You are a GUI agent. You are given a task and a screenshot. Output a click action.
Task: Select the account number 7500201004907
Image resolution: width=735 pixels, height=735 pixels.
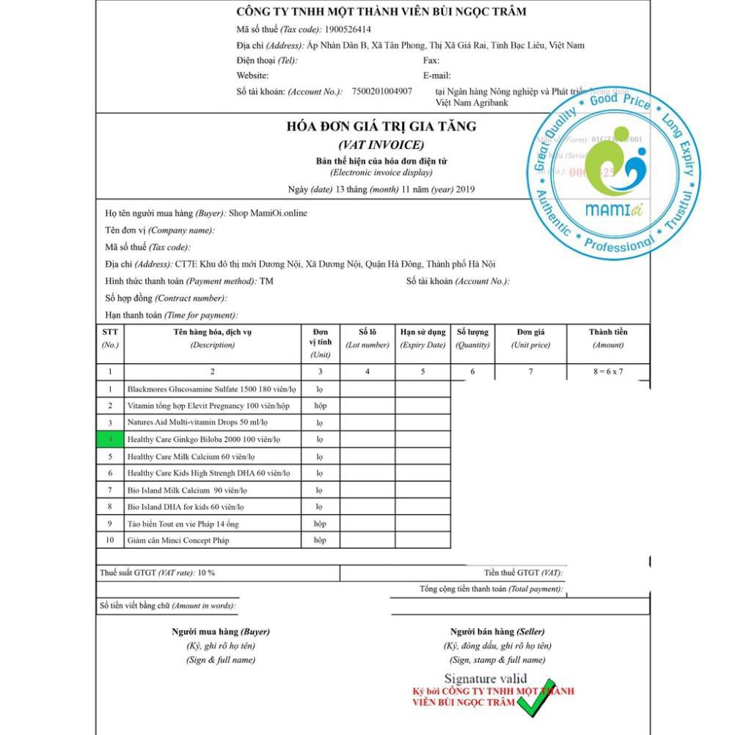[381, 92]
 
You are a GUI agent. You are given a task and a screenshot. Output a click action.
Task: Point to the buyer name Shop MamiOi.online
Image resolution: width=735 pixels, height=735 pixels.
[268, 213]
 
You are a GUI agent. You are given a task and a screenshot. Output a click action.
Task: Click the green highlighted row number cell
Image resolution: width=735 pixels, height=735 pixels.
[110, 439]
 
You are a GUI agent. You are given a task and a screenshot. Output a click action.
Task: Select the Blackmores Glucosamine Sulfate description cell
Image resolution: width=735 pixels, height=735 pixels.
[211, 389]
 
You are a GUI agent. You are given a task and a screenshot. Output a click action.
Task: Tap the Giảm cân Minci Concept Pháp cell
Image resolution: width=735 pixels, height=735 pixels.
[178, 541]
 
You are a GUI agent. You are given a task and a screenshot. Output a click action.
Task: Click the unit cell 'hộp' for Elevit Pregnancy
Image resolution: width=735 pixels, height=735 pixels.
[320, 406]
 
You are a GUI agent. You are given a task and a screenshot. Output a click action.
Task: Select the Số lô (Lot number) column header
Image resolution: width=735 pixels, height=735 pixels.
[367, 338]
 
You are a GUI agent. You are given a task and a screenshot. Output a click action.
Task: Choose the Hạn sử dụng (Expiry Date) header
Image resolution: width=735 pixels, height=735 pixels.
[423, 338]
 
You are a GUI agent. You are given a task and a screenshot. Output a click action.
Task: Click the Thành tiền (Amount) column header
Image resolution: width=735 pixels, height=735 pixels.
[608, 338]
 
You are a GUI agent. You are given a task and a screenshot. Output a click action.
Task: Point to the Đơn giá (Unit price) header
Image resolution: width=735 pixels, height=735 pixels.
[530, 338]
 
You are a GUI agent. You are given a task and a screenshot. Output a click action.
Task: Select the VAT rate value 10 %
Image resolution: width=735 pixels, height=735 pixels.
[206, 573]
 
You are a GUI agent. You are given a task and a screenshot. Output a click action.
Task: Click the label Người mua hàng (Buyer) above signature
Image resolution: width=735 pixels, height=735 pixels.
[221, 632]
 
